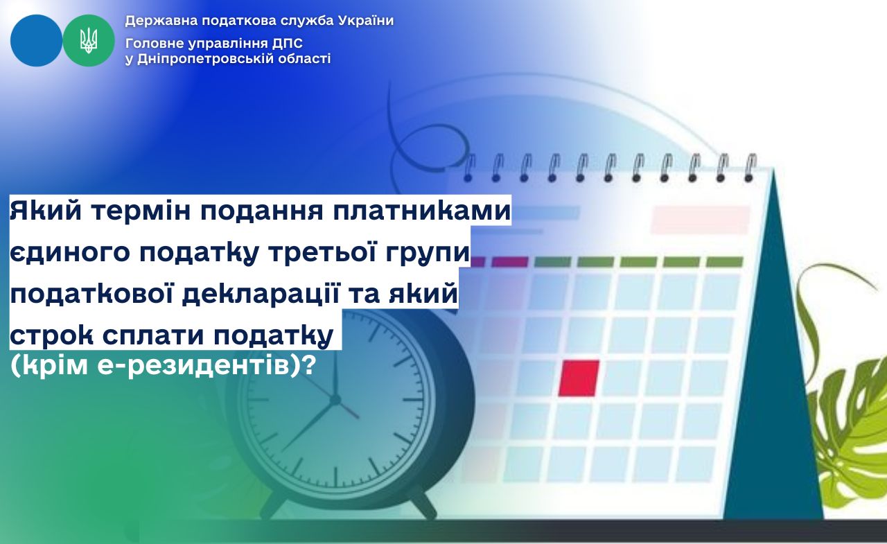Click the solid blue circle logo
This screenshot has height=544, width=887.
pos(37,40)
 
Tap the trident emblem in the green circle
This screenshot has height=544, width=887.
pos(89,40)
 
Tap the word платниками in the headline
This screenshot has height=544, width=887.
pos(422,211)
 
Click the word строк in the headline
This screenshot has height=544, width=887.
pos(51,335)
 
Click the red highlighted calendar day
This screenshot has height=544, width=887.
pos(579,378)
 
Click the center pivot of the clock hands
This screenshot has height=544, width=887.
pos(335,399)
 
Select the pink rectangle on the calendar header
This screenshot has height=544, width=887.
pos(701,220)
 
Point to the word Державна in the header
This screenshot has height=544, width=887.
pos(161,21)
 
